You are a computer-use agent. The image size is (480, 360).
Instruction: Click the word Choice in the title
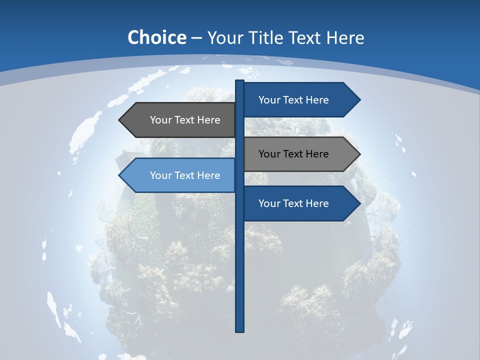(156, 37)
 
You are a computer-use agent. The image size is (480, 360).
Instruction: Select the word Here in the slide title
(345, 37)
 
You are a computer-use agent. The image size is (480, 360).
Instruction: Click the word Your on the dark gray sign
(161, 120)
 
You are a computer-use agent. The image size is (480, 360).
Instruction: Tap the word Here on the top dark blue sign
(316, 100)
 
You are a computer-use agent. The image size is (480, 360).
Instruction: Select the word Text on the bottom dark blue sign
(293, 203)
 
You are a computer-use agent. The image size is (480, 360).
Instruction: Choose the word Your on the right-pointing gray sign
(269, 154)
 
